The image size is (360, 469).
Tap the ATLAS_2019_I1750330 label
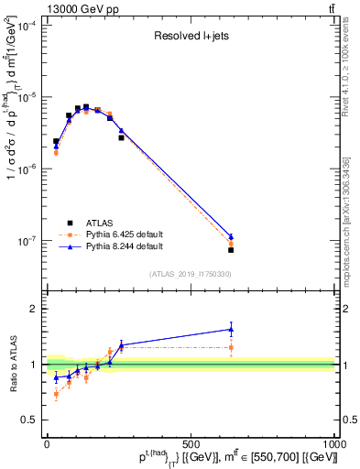tap(191, 274)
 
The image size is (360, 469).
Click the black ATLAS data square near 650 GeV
tap(231, 249)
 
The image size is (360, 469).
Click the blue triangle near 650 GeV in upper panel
tap(231, 236)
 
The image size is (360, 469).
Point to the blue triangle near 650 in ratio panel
tap(231, 329)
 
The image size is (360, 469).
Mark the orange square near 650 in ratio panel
tap(231, 347)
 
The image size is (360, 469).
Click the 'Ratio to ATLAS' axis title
tap(11, 364)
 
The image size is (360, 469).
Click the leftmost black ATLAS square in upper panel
tap(56, 141)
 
